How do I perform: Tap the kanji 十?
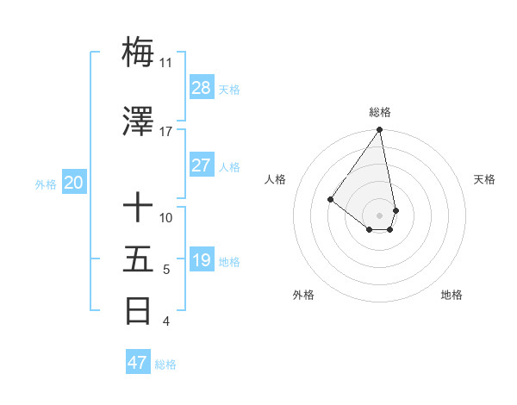(x=138, y=208)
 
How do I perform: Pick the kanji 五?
(x=138, y=259)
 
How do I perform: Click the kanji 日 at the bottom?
(x=138, y=311)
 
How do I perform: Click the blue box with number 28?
(x=202, y=88)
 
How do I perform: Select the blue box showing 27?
(x=202, y=165)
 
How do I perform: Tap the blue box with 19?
(x=202, y=260)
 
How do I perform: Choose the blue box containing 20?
(x=74, y=183)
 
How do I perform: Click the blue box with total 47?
(x=138, y=363)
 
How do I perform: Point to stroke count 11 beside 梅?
(x=165, y=63)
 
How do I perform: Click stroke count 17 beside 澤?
(x=165, y=132)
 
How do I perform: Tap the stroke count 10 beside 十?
(x=166, y=218)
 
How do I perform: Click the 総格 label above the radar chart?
(x=380, y=112)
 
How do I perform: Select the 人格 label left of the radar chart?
(x=276, y=179)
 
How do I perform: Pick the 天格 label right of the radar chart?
(x=484, y=179)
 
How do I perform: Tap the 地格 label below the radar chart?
(x=452, y=296)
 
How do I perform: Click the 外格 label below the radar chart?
(x=303, y=296)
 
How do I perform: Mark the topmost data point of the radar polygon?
(x=379, y=130)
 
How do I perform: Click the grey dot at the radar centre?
(x=379, y=215)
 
